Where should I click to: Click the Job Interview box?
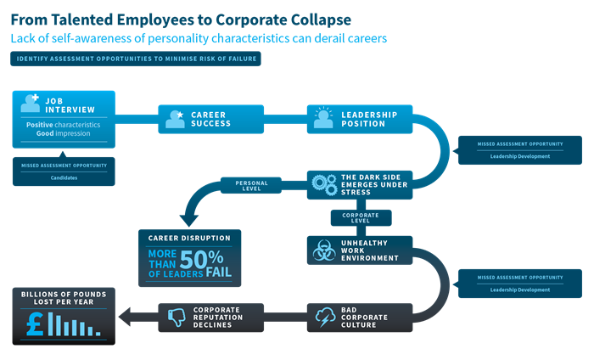coord(64,119)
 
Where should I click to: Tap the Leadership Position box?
coord(360,119)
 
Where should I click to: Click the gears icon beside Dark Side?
coord(324,184)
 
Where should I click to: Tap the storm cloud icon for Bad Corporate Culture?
coord(324,316)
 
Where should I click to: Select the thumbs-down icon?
coord(177,316)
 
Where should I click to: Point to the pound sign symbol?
coord(35,323)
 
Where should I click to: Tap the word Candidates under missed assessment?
coord(64,176)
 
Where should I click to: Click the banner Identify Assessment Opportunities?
coord(136,59)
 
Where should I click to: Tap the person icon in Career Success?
coord(176,119)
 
